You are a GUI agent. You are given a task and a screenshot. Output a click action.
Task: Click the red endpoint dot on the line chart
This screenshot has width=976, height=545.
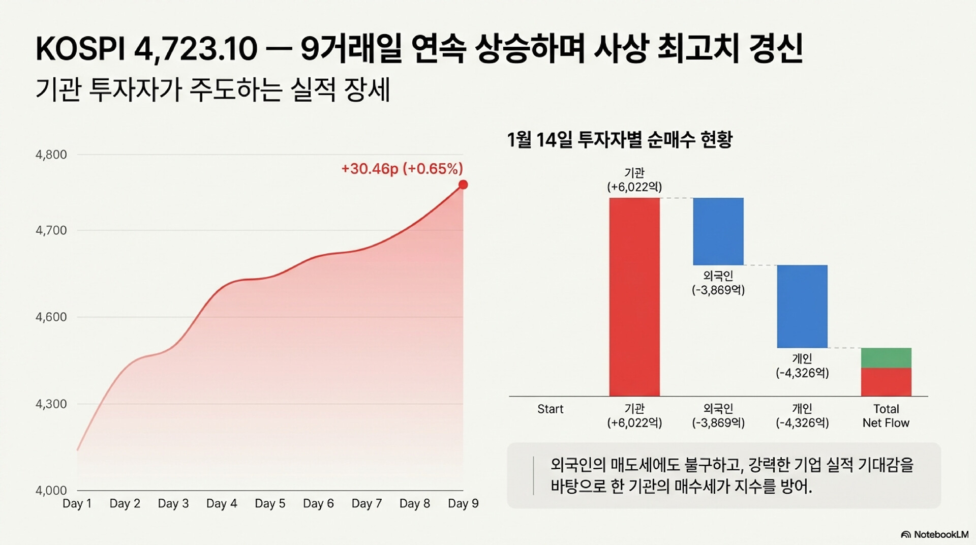click(x=463, y=185)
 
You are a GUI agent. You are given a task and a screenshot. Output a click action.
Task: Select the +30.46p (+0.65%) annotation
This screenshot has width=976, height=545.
click(x=402, y=169)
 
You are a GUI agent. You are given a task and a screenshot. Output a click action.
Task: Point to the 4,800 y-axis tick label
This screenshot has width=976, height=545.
click(x=51, y=155)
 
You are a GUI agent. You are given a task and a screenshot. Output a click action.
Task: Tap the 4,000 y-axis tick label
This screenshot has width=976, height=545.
click(x=51, y=491)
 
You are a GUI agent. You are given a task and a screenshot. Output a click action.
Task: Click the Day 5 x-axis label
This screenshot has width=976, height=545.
click(x=270, y=504)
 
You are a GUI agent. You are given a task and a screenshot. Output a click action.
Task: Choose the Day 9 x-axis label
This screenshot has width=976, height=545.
click(x=463, y=504)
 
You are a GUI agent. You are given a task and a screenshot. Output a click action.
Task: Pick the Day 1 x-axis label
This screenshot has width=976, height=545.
click(x=77, y=504)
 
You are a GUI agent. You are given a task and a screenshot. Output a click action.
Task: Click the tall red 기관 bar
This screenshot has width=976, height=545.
click(x=634, y=297)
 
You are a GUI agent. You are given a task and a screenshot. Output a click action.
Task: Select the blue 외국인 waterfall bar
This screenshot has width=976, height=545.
click(x=718, y=231)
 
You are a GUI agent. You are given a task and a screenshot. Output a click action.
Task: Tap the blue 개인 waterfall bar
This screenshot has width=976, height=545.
click(x=802, y=306)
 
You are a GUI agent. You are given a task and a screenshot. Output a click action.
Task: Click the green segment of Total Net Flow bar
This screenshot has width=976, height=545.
click(x=886, y=358)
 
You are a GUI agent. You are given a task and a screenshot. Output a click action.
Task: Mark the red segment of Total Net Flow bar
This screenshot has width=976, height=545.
click(x=886, y=382)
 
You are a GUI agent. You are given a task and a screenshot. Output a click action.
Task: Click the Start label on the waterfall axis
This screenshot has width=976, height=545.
click(x=551, y=409)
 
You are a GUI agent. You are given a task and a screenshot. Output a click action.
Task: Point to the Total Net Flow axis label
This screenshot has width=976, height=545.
click(x=886, y=416)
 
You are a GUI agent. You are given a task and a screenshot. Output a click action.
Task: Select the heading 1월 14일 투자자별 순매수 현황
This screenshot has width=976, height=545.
click(x=620, y=139)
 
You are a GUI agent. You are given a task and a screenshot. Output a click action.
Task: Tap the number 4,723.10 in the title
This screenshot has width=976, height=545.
click(x=196, y=49)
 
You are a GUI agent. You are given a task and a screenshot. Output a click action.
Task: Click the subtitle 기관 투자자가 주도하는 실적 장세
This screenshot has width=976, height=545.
click(x=212, y=90)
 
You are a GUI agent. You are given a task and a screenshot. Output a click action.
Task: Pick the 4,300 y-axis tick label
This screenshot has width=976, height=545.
click(x=51, y=404)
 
